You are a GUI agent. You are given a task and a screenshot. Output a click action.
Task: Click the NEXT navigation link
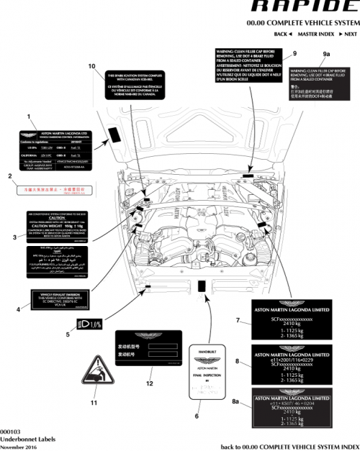pos(349,35)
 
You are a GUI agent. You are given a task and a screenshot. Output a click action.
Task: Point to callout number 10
pos(91,66)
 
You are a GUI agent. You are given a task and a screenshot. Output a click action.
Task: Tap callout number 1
pos(29,116)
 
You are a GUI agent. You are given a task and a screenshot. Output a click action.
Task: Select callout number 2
pos(9,176)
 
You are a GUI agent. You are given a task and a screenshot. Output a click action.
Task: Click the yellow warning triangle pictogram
pos(94,371)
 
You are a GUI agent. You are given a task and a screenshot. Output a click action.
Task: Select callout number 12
pos(150,383)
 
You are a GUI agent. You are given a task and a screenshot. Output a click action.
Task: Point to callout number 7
pos(238,319)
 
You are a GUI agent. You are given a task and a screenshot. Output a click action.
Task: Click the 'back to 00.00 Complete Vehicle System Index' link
pos(290,447)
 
